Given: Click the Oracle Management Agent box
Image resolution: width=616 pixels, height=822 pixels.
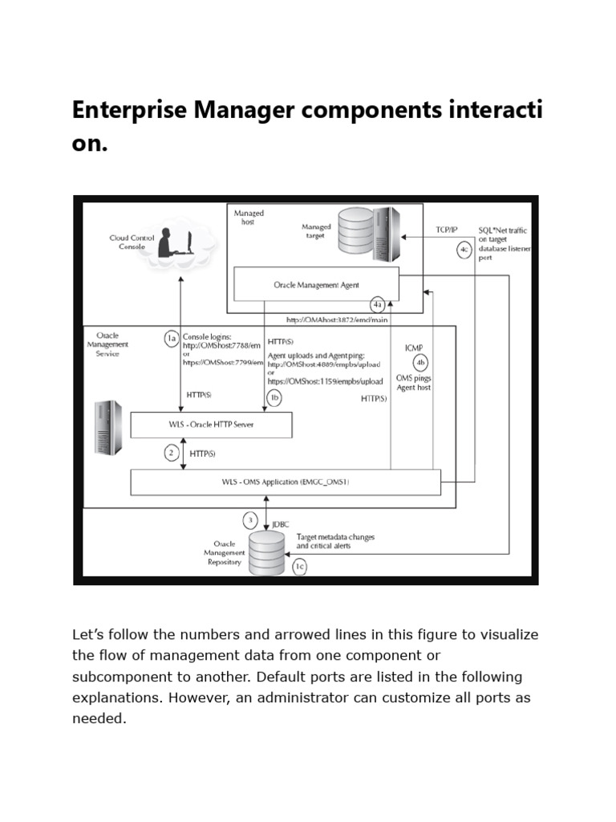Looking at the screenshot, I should click(316, 284).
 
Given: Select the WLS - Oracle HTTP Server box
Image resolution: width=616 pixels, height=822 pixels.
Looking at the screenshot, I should click(210, 425).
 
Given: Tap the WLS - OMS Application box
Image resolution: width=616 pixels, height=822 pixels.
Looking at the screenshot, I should click(286, 482).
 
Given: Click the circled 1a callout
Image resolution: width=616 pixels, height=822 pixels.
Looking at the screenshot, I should click(171, 339).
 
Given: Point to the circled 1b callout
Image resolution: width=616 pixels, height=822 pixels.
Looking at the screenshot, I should click(274, 397).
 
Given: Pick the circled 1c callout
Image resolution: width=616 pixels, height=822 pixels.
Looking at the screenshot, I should click(298, 567).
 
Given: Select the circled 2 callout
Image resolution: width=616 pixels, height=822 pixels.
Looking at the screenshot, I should click(171, 454).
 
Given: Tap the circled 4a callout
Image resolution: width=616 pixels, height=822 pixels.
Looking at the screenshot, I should click(378, 304).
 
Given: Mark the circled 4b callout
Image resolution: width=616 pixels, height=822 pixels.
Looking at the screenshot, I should click(420, 361).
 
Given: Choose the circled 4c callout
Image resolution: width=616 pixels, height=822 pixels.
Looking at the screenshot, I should click(464, 250).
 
